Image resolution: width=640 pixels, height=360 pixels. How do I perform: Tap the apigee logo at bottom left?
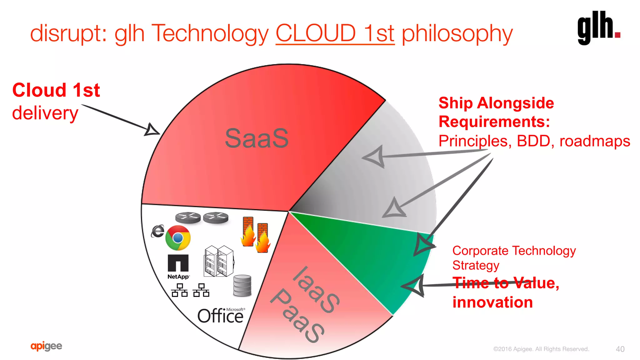point(46,346)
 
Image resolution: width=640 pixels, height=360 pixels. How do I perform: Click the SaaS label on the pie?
point(257,138)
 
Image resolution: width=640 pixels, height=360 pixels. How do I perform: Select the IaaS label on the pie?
point(316,290)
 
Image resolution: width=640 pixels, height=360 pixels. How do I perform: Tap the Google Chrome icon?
point(178,238)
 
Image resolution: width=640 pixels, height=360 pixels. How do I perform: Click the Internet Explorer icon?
point(157,231)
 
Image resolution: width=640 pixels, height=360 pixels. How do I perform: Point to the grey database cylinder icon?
point(242,285)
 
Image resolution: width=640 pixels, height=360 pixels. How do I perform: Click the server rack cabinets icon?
point(218,261)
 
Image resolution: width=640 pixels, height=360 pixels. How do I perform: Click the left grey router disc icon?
point(188,217)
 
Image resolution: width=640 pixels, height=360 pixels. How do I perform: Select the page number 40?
point(620,349)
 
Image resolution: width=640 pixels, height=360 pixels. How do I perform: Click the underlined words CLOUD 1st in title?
point(335,33)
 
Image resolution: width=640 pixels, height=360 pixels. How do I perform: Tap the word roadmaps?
point(594,141)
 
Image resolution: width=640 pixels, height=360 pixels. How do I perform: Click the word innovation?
point(492,302)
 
